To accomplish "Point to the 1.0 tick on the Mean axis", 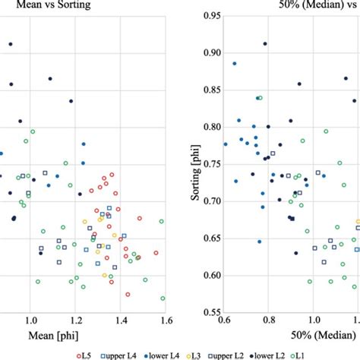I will [30, 321].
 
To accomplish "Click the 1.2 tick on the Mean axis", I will [74, 321].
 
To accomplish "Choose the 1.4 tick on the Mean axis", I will [118, 321].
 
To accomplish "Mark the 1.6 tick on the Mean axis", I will [163, 321].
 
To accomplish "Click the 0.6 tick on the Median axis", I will [224, 321].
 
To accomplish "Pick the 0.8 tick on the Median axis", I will [268, 321].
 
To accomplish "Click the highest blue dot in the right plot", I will [235, 64].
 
